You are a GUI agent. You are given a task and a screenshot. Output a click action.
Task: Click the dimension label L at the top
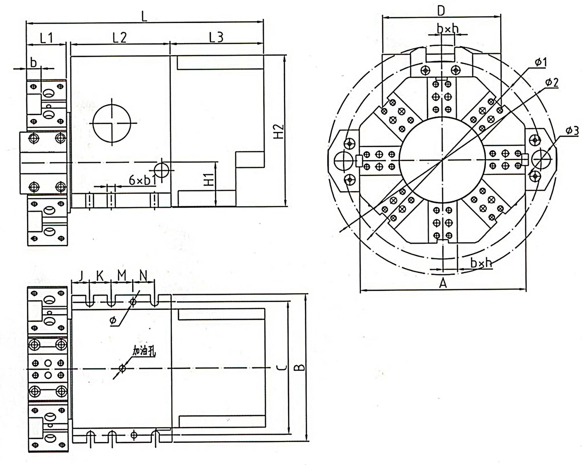tap(144, 17)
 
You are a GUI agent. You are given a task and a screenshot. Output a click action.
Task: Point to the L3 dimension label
tap(217, 37)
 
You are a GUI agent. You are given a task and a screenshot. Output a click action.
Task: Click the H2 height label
tap(279, 131)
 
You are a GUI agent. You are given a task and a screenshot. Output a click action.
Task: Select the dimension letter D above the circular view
tap(441, 11)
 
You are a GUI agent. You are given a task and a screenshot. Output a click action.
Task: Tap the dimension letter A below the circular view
tap(443, 283)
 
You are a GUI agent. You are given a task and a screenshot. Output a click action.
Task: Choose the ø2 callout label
tap(552, 82)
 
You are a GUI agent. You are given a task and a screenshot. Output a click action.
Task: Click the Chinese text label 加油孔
tap(144, 351)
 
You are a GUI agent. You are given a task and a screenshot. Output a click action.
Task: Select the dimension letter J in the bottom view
tap(80, 276)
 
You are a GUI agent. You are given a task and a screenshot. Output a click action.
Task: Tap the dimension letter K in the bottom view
tap(100, 276)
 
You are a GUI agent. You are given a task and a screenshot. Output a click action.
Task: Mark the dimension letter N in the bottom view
tap(143, 276)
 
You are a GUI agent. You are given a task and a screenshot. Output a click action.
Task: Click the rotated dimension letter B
tap(299, 367)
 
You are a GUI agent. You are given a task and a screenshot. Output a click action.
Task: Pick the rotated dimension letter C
tap(282, 367)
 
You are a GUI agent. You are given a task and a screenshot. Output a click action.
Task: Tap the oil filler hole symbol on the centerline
tap(122, 368)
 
